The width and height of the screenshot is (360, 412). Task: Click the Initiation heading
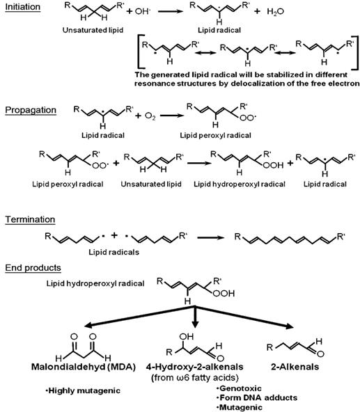pos(22,7)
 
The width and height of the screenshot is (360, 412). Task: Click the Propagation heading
pos(31,110)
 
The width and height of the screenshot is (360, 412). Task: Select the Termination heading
pos(30,219)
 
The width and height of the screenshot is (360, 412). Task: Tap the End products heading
pos(33,268)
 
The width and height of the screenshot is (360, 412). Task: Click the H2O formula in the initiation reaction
pos(275,12)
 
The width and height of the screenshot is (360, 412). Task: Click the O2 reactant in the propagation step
pos(150,116)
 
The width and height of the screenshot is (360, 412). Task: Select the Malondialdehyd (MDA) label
pos(84,367)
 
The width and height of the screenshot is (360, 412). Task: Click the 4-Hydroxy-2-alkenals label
pos(194,367)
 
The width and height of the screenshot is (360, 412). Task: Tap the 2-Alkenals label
pos(295,367)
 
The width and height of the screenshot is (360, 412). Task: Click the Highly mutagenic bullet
pos(83,390)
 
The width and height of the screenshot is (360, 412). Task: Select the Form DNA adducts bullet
pos(257,397)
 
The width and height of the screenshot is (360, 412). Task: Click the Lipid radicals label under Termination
pos(114,252)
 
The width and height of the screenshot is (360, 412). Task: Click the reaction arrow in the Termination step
pos(210,237)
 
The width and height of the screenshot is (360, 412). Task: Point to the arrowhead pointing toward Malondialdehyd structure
pos(88,326)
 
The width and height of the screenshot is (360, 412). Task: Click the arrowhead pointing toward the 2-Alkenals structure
pos(290,326)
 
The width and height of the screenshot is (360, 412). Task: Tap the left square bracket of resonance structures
pos(139,53)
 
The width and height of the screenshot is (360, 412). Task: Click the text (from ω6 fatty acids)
pos(195,378)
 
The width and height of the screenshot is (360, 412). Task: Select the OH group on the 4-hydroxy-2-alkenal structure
pos(186,336)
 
